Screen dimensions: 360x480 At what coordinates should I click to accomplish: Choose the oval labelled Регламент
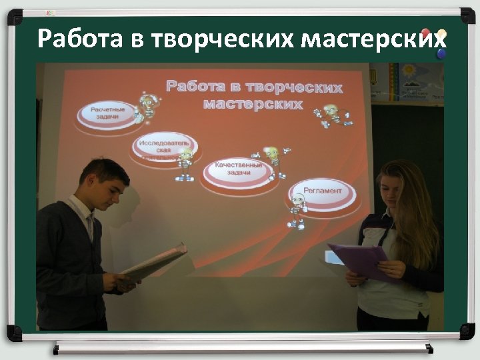pos(322,192)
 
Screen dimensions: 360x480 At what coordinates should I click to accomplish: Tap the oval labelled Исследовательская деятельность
pos(164,149)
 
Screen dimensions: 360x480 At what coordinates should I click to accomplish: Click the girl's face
pos(391,193)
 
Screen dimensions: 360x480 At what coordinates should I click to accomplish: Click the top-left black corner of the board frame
pos(14,15)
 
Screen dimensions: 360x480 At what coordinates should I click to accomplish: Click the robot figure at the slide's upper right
pos(331,115)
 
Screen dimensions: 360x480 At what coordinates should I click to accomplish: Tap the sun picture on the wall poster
pos(407,69)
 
